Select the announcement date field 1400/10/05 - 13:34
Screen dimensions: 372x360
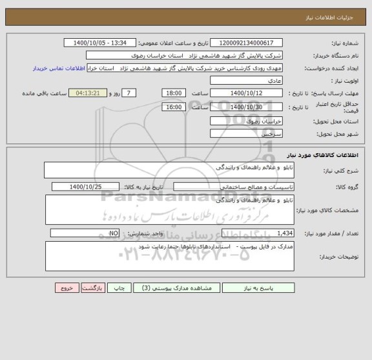click(101, 43)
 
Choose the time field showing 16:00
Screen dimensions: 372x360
click(174, 107)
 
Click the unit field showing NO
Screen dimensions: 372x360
click(85, 233)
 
